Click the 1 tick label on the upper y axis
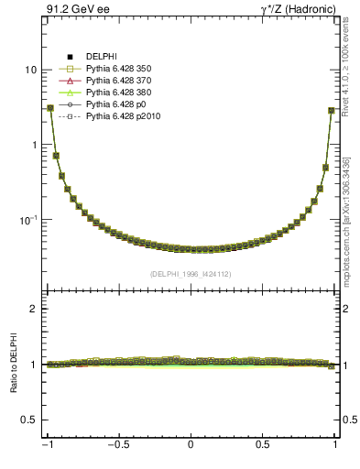34,146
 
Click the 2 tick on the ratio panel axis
33,309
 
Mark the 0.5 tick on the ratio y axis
28,420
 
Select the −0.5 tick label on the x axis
116,446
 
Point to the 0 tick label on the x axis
191,446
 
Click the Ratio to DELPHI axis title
13,364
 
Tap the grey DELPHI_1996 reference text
190,273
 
